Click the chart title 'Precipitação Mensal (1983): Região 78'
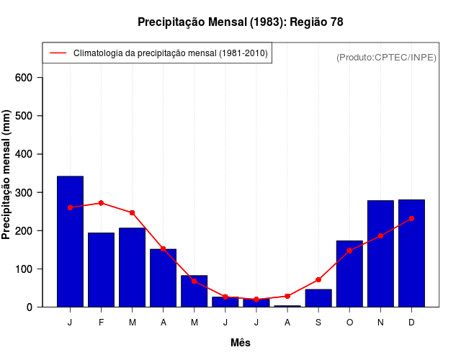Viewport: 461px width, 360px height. (241, 22)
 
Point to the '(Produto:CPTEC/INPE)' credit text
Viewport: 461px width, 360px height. (386, 57)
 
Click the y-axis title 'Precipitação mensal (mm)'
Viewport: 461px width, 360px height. (6, 174)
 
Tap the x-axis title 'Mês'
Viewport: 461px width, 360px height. (241, 343)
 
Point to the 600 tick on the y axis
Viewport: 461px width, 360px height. (29, 78)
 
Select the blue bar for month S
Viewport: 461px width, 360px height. (318, 298)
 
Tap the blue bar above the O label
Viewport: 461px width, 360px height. (349, 274)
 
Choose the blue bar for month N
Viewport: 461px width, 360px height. (380, 253)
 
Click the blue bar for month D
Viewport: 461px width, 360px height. (411, 253)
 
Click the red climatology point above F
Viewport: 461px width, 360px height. (101, 203)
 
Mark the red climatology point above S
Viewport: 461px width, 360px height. (318, 279)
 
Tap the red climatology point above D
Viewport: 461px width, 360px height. (411, 218)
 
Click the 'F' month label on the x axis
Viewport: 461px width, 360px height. (101, 323)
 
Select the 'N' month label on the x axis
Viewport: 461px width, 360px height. (380, 323)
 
